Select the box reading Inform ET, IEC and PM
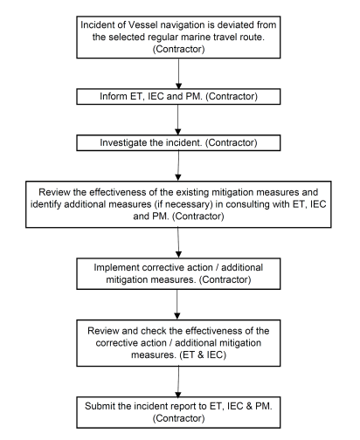click(x=178, y=96)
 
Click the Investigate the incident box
click(x=178, y=142)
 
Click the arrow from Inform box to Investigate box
click(x=178, y=120)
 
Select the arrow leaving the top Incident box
click(x=178, y=73)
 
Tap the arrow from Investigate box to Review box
click(x=178, y=166)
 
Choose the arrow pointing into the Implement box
click(x=178, y=243)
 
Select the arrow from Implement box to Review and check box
click(x=177, y=305)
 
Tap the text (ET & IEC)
click(x=203, y=355)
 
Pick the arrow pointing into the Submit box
click(x=178, y=382)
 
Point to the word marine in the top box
click(x=196, y=38)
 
